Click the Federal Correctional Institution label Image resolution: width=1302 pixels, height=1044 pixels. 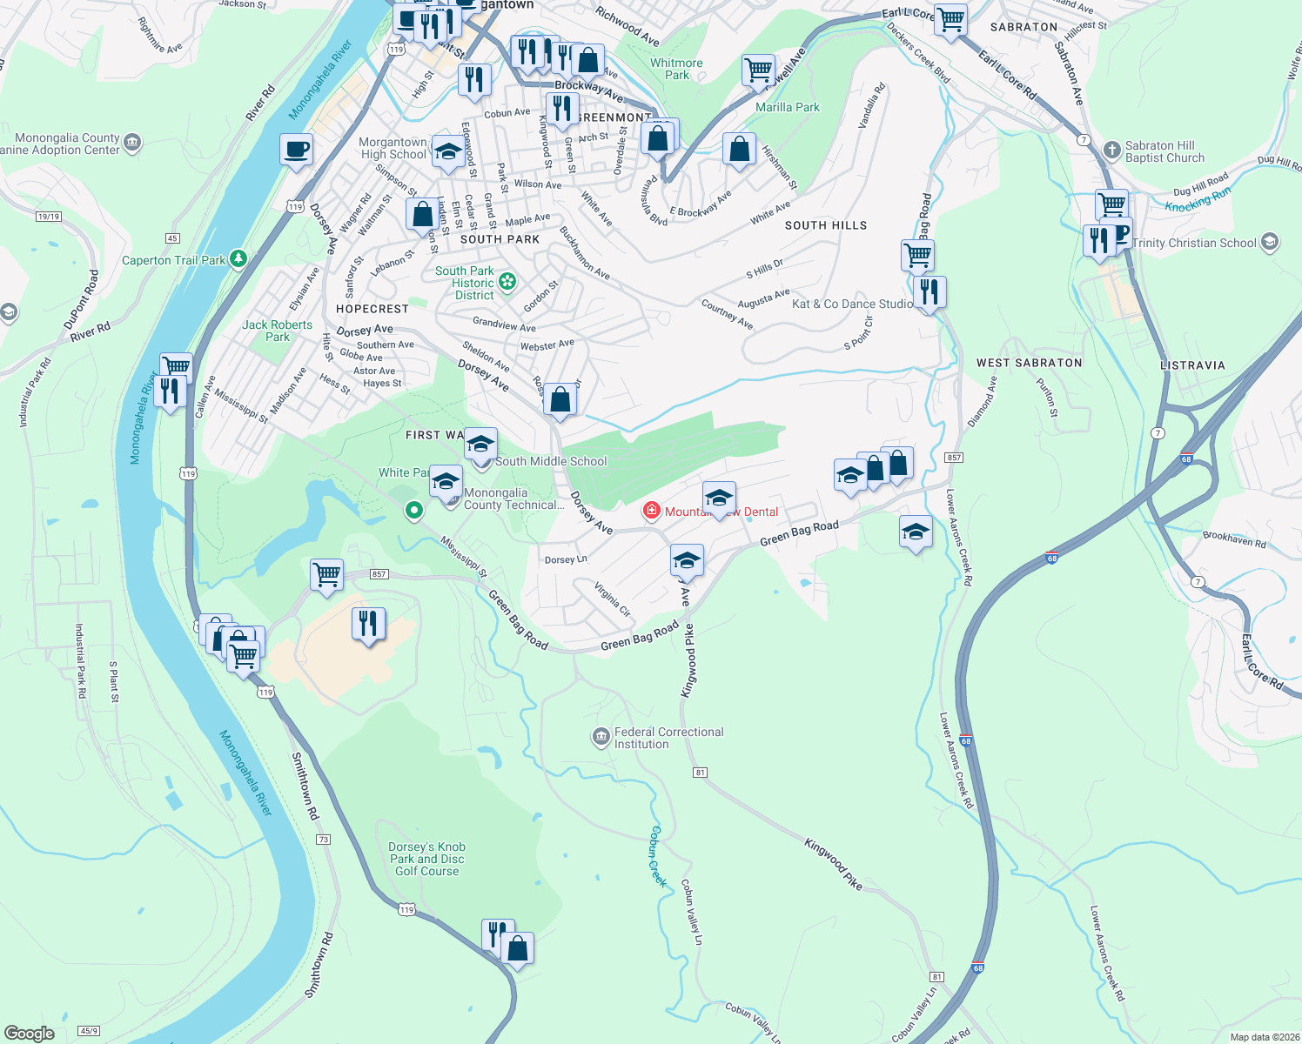point(668,739)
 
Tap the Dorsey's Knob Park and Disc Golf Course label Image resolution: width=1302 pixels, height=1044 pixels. point(426,859)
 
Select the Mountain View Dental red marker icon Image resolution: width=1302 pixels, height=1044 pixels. point(651,511)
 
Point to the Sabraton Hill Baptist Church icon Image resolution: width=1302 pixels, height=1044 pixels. point(1111,150)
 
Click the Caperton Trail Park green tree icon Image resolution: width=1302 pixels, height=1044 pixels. point(238,259)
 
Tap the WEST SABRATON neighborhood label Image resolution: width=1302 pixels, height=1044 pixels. point(1029,363)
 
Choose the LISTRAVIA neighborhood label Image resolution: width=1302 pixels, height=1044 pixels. point(1192,365)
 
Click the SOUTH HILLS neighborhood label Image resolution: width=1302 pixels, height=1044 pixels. point(826,225)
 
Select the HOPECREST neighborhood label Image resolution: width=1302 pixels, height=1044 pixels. point(372,309)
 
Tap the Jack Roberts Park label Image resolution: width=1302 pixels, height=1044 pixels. point(277,331)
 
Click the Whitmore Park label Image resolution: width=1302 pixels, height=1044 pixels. point(676,69)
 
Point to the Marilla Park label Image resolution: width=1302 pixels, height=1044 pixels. point(787,107)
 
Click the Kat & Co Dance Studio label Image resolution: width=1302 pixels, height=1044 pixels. point(852,304)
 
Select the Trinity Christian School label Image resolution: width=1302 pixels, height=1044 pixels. point(1194,243)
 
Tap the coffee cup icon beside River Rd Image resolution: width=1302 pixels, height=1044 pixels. point(296,150)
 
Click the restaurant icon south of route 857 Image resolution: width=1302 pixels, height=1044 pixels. point(369,624)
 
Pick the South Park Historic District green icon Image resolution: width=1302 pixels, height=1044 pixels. point(507,282)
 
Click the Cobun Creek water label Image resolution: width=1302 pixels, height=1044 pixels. point(658,856)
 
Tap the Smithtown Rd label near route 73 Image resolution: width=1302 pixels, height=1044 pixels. point(305,786)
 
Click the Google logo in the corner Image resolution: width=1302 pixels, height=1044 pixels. point(30,1033)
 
